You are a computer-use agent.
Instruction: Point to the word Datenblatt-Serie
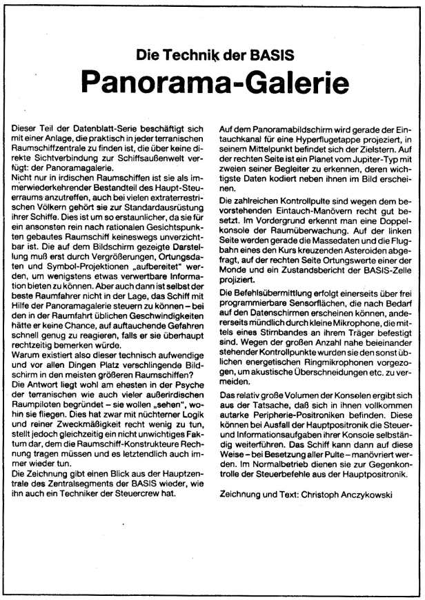90,128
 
